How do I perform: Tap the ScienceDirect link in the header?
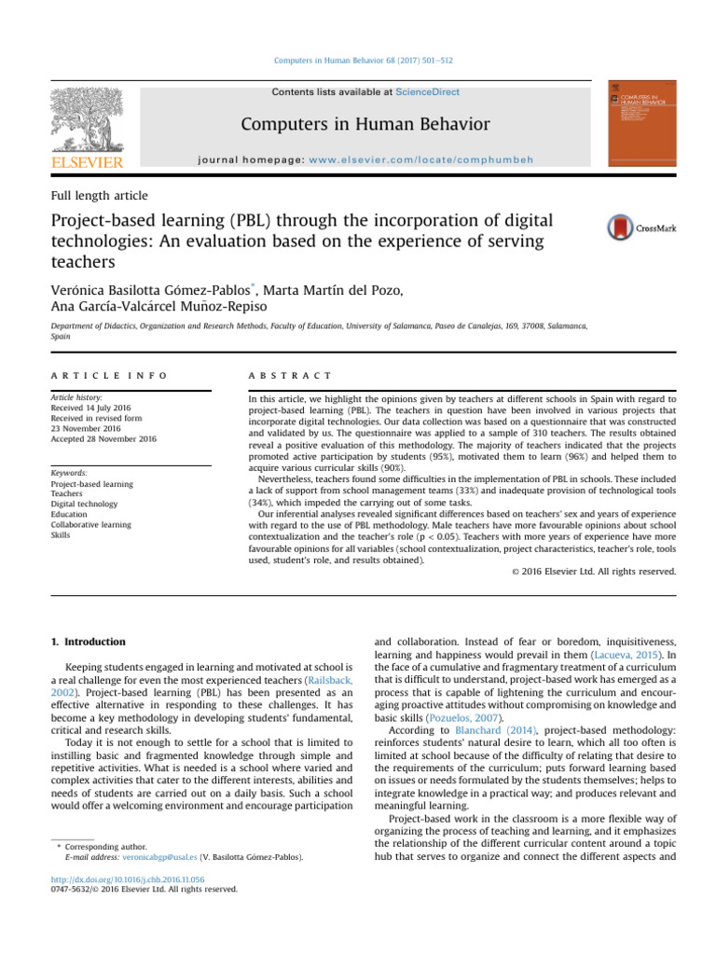click(427, 92)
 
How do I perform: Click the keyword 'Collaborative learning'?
click(92, 525)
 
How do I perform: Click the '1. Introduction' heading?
click(87, 642)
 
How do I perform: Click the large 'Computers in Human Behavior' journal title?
click(365, 124)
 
